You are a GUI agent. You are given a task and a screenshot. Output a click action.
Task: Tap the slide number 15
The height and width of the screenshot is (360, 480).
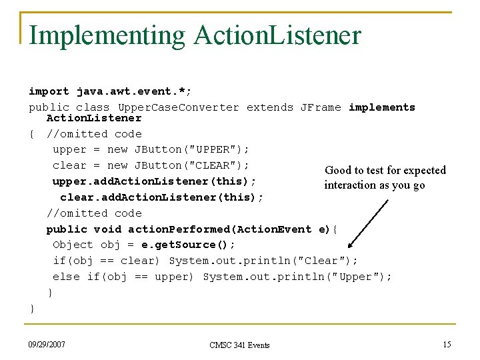coord(446,344)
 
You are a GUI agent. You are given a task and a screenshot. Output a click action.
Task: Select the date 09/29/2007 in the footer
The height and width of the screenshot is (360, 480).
coord(47,344)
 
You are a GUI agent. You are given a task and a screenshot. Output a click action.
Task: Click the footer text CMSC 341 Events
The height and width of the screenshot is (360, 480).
coord(239,345)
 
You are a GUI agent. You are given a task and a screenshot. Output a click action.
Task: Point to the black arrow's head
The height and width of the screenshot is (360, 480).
coord(351,244)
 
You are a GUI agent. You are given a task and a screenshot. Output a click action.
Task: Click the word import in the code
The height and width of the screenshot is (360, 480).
coord(49,91)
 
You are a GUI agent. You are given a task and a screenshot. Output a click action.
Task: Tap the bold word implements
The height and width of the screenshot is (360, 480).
coord(381,107)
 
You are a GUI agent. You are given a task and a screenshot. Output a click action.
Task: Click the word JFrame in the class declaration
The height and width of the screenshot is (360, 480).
coord(321,107)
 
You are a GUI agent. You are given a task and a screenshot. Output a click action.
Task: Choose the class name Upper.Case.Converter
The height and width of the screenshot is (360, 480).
coord(178,107)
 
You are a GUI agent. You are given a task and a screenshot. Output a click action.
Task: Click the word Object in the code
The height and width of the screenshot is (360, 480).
coord(73,245)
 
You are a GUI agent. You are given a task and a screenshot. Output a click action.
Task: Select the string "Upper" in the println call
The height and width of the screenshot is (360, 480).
coord(359,277)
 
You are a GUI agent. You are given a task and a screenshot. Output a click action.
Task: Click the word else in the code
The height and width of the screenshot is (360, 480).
coord(66,277)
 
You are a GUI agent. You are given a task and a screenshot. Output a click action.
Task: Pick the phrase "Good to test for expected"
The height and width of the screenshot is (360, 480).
coord(385,171)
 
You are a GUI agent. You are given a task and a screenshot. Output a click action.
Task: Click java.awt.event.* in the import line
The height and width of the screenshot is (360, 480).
coord(134,91)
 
